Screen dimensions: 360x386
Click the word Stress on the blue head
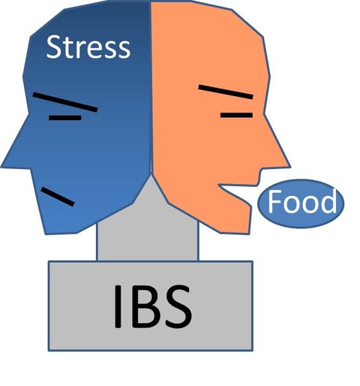(x=88, y=47)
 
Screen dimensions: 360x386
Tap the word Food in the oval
(x=302, y=201)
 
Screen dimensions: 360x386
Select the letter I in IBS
(x=118, y=306)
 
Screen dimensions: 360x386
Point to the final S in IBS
(x=178, y=306)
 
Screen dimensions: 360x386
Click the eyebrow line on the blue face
(x=65, y=102)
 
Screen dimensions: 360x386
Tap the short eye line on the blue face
(x=65, y=118)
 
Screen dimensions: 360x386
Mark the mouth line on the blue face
(x=58, y=197)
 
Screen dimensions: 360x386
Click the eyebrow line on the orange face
(x=226, y=92)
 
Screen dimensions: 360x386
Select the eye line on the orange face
(x=236, y=115)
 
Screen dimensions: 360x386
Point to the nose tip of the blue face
(x=1, y=167)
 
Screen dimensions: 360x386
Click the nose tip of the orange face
(x=290, y=167)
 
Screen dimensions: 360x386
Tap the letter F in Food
(x=273, y=201)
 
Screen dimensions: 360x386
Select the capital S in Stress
(x=53, y=47)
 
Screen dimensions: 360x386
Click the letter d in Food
(x=329, y=201)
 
